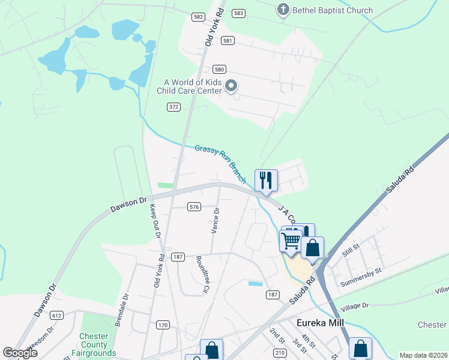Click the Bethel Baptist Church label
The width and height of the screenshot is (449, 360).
click(x=332, y=10)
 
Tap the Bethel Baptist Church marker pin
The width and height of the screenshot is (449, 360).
click(x=283, y=10)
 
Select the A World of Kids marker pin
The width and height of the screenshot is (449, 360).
click(x=231, y=86)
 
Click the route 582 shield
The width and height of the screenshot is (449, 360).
click(x=199, y=17)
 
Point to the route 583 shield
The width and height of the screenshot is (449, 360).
click(x=239, y=13)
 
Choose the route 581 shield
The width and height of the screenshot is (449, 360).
click(x=227, y=40)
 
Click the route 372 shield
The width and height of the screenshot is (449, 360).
click(x=173, y=107)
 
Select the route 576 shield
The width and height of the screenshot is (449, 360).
click(x=193, y=206)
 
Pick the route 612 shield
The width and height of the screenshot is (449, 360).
click(x=57, y=315)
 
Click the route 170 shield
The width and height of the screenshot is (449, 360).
click(x=163, y=325)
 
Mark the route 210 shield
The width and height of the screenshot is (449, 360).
click(x=279, y=352)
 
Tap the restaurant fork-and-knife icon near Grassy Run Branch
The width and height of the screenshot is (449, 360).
click(x=266, y=180)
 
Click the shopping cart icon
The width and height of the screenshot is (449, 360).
click(x=291, y=241)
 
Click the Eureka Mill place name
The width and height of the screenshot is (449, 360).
click(x=324, y=322)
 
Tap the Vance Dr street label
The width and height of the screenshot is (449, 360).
click(x=215, y=221)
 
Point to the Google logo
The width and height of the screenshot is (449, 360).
click(x=20, y=353)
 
